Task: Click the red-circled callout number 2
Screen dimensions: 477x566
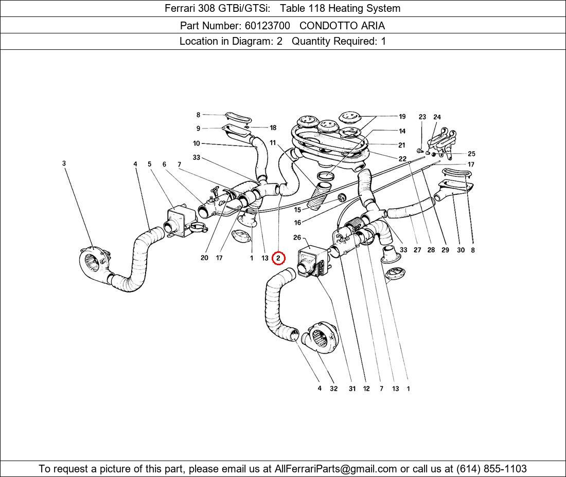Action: (278, 258)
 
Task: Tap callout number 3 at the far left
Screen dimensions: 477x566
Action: (64, 163)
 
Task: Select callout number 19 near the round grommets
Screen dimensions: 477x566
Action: (402, 117)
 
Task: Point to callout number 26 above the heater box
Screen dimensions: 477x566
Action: (297, 237)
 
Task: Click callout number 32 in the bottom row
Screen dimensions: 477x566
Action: (333, 389)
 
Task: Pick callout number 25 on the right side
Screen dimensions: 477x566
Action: (471, 154)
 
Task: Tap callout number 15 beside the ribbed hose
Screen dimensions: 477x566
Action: (297, 210)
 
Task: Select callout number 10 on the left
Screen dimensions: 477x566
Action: (197, 143)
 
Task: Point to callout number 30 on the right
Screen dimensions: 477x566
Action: (461, 250)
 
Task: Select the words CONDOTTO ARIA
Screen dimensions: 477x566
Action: (342, 25)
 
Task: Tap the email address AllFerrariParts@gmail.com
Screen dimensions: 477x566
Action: (335, 469)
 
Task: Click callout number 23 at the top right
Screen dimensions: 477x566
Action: (422, 117)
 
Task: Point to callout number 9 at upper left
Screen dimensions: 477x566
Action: (198, 129)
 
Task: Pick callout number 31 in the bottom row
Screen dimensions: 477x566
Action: (352, 389)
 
